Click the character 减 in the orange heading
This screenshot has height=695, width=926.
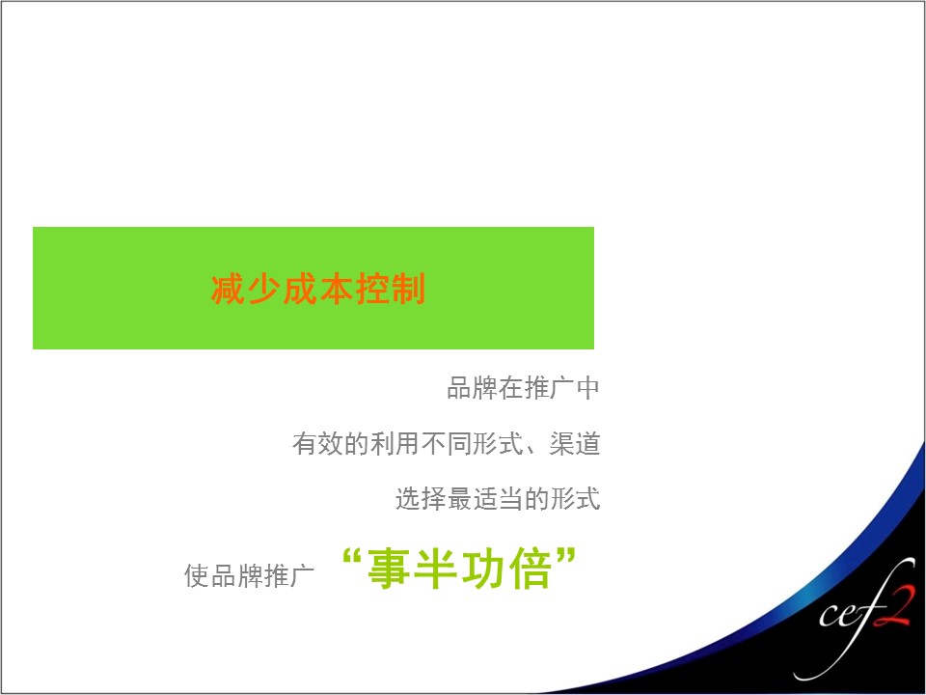[229, 289]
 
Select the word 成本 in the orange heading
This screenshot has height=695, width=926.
[318, 289]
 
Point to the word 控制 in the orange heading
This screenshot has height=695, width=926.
[391, 289]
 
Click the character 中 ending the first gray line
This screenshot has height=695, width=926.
[588, 388]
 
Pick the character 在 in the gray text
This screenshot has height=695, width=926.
[510, 388]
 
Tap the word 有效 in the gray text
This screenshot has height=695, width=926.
[317, 443]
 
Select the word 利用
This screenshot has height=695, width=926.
[395, 443]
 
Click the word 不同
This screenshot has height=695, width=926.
[447, 443]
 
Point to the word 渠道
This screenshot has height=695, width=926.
[575, 443]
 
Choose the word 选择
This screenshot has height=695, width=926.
[422, 498]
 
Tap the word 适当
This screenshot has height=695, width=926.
[499, 498]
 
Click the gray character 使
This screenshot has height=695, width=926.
[197, 575]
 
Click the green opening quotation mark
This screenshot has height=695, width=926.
[351, 557]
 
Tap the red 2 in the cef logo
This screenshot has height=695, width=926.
[895, 606]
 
